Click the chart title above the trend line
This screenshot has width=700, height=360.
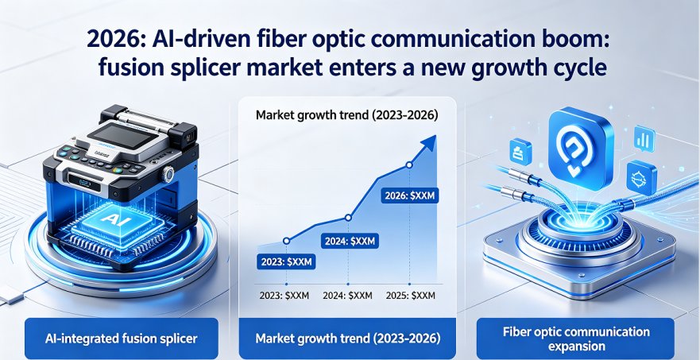347,115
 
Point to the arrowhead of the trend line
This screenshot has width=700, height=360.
430,144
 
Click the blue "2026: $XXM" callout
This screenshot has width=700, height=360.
409,195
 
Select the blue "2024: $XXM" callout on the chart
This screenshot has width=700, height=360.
350,242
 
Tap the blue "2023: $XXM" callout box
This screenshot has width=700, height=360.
286,261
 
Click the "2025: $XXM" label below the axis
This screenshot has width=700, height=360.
410,296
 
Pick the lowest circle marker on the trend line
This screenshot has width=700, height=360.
287,241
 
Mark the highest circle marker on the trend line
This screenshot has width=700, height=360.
409,165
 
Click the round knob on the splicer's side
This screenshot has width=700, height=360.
168,173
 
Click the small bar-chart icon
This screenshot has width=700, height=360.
644,138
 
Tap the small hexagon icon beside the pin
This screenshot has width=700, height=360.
641,178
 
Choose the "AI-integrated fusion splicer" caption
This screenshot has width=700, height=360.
122,338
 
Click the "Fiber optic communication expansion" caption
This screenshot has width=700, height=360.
576,338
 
